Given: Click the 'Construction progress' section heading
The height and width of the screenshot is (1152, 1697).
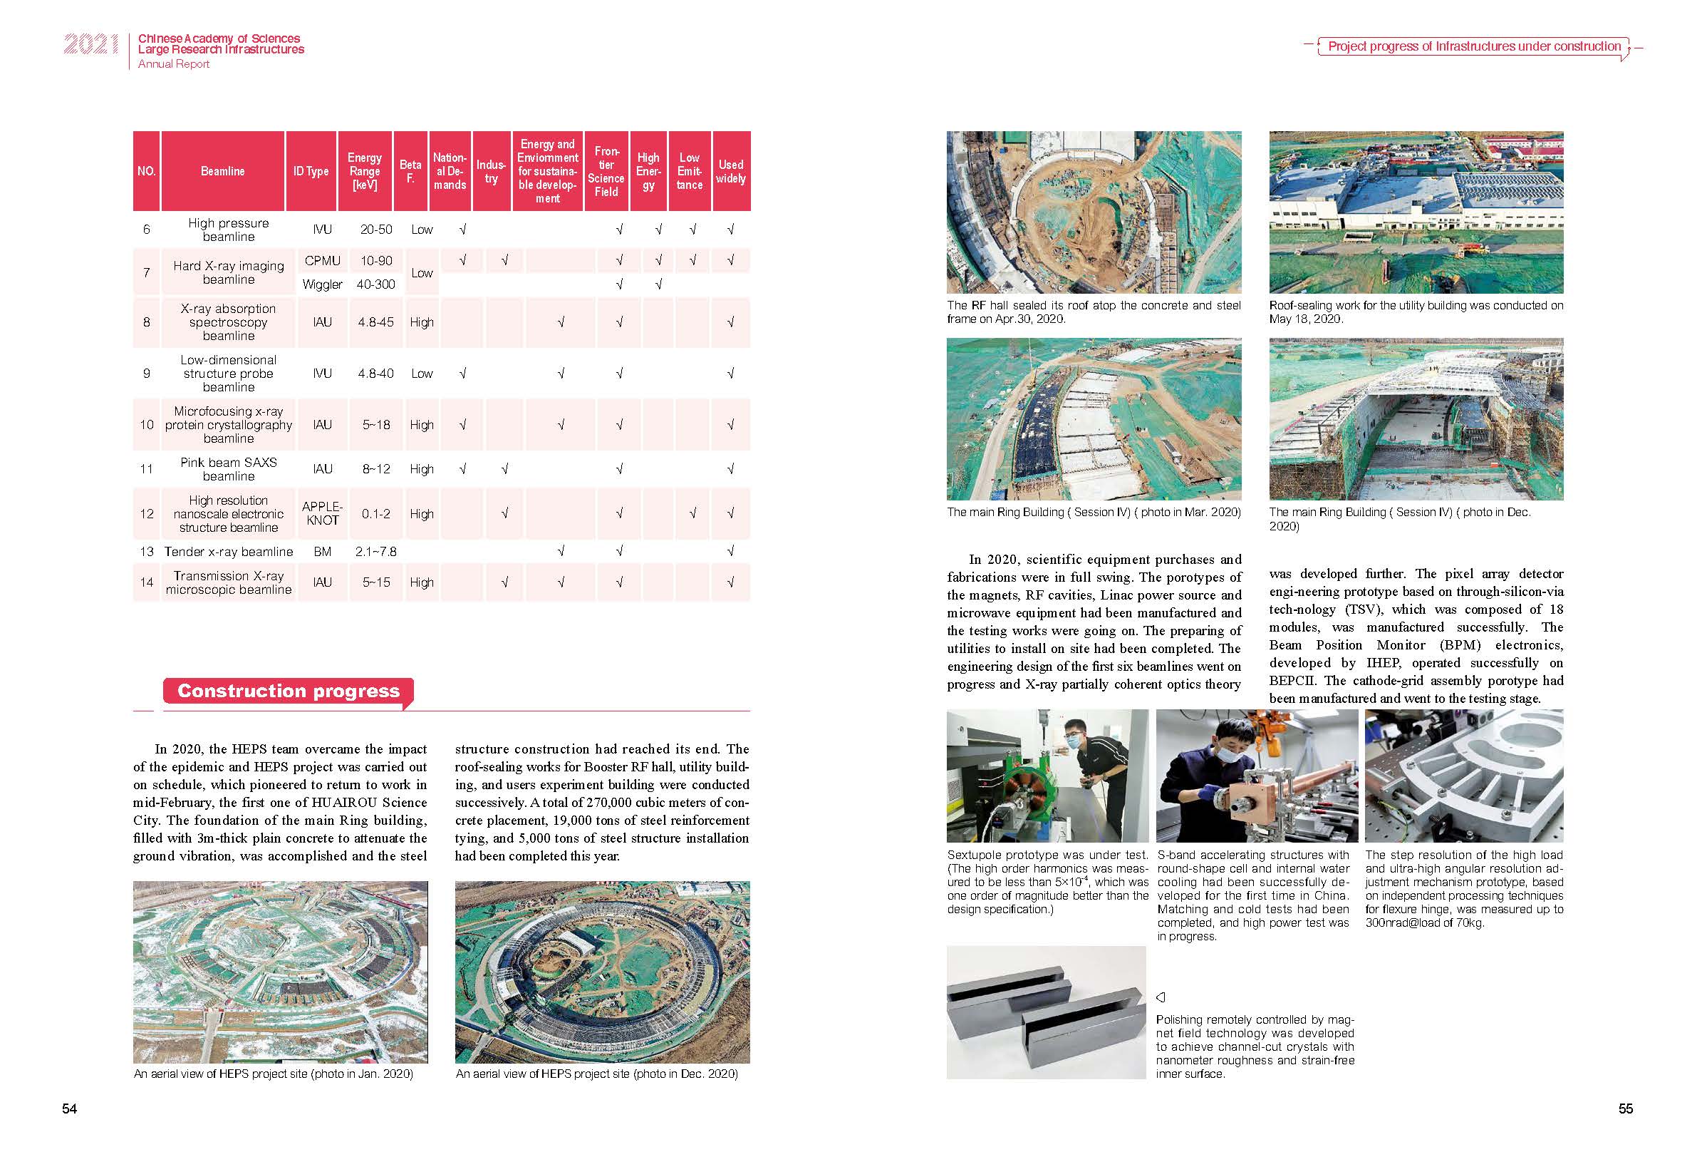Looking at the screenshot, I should [x=289, y=691].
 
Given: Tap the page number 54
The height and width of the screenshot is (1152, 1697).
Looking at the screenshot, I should [x=69, y=1109].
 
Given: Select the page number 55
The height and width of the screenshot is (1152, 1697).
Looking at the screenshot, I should [x=1626, y=1109].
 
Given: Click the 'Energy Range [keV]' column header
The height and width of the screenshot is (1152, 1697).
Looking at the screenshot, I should [x=364, y=171].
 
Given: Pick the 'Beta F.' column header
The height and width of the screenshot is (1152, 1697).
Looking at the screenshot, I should [x=410, y=171].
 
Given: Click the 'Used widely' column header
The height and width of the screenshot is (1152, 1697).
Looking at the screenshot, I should [x=730, y=171].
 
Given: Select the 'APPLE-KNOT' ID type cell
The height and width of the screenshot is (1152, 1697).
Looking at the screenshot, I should [x=322, y=513].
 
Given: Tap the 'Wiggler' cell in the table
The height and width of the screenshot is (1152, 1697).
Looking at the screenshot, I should [x=322, y=284].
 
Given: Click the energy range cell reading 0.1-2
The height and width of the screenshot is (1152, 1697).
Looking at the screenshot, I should [x=375, y=513].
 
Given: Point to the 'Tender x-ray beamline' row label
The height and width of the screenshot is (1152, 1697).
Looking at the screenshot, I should [x=229, y=552].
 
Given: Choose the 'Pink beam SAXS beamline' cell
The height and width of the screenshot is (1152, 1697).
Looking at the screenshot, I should [x=229, y=469].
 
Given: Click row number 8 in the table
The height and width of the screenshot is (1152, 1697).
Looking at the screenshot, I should [x=147, y=322].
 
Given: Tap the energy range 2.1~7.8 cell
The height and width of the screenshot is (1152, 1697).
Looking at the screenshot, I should [x=375, y=552].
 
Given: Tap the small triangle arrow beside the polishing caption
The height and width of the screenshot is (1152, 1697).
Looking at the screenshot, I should [x=1161, y=997].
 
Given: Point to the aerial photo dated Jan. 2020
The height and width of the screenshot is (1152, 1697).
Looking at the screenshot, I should [x=281, y=972].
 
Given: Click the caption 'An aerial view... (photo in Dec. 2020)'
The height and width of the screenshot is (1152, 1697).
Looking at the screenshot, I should [x=596, y=1074].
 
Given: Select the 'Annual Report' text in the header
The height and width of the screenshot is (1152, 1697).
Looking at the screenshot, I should [x=174, y=64].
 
